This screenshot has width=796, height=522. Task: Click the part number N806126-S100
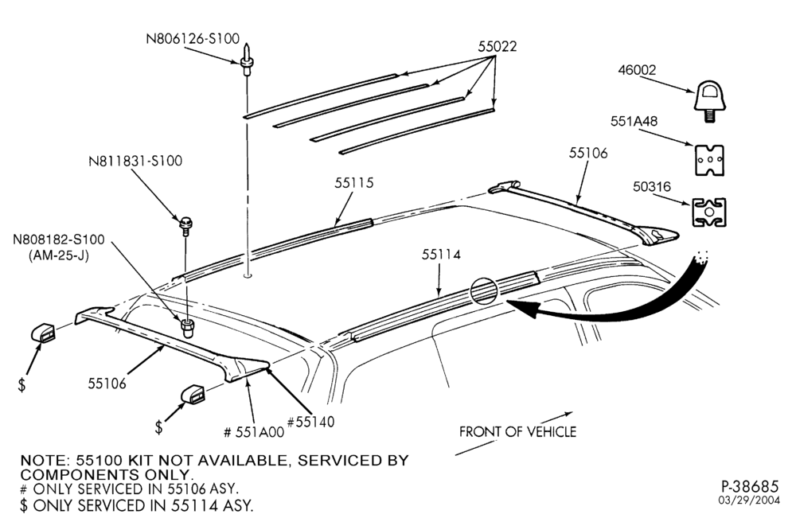pos(193,38)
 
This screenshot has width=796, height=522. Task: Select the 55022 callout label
pos(497,47)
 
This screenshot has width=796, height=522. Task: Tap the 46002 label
pos(637,70)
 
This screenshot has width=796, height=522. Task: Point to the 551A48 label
pos(634,121)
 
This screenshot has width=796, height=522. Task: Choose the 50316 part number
pos(651,187)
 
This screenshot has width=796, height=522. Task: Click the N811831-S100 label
pos(135,161)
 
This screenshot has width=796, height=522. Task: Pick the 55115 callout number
pos(353,183)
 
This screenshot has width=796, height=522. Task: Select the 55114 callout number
pos(441,254)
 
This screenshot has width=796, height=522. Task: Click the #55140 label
pos(310,422)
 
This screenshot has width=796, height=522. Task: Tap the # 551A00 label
pos(254,432)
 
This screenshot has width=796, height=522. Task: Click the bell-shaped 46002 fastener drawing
pos(710,102)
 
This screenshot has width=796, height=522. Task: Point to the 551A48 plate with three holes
pos(708,160)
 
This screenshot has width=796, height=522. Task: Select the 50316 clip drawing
pos(708,212)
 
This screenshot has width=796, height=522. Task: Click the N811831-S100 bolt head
pos(186,222)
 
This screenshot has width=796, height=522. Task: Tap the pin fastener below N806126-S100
pos(246,60)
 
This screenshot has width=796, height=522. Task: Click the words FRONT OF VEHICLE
pos(518,432)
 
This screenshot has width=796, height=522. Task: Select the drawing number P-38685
pos(750,486)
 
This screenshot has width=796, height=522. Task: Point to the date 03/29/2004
pos(748,501)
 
